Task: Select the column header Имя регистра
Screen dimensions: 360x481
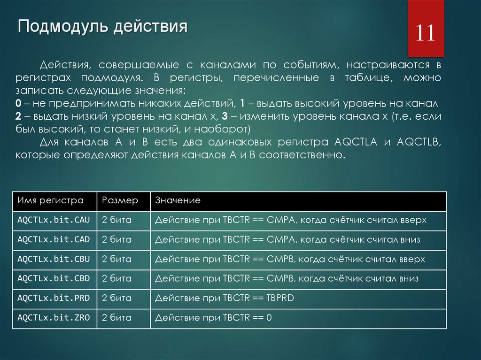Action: pyautogui.click(x=50, y=201)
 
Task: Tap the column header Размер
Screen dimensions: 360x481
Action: pyautogui.click(x=120, y=201)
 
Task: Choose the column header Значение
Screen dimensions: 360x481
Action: pyautogui.click(x=178, y=201)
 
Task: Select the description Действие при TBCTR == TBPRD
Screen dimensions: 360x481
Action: pyautogui.click(x=224, y=298)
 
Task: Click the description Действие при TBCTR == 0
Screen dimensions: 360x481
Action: pyautogui.click(x=213, y=318)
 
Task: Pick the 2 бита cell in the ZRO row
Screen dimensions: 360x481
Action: pyautogui.click(x=117, y=318)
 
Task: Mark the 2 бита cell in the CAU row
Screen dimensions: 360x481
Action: pyautogui.click(x=117, y=219)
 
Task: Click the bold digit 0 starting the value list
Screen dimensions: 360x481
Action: pyautogui.click(x=17, y=103)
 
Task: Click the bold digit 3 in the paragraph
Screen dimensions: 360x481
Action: pyautogui.click(x=225, y=116)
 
